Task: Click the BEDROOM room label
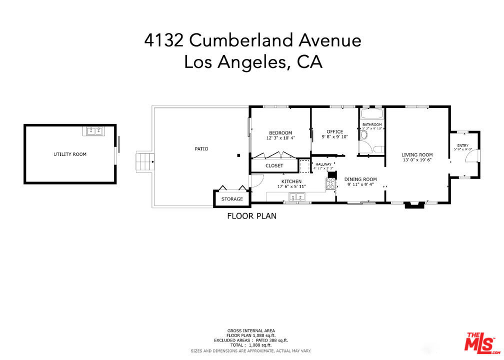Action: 279,132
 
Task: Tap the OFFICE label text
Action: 334,132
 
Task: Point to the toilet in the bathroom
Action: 364,147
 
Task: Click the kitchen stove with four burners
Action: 330,183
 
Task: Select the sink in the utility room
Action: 94,131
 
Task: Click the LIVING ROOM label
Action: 417,155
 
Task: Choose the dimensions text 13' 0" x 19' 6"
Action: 417,160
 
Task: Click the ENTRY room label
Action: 462,145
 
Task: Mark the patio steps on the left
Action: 144,162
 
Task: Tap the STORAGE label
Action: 232,199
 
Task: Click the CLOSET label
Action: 274,165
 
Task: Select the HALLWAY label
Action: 323,164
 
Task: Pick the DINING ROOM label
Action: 360,179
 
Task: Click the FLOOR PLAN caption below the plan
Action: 251,216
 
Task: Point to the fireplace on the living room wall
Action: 414,204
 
